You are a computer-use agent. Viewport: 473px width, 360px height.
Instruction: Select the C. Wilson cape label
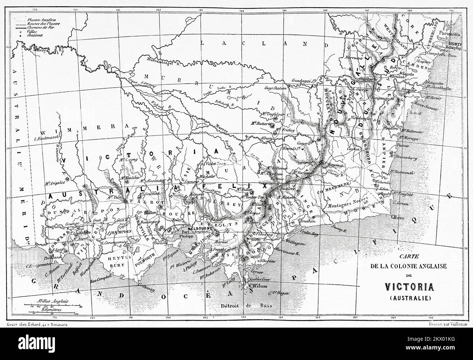256,286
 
